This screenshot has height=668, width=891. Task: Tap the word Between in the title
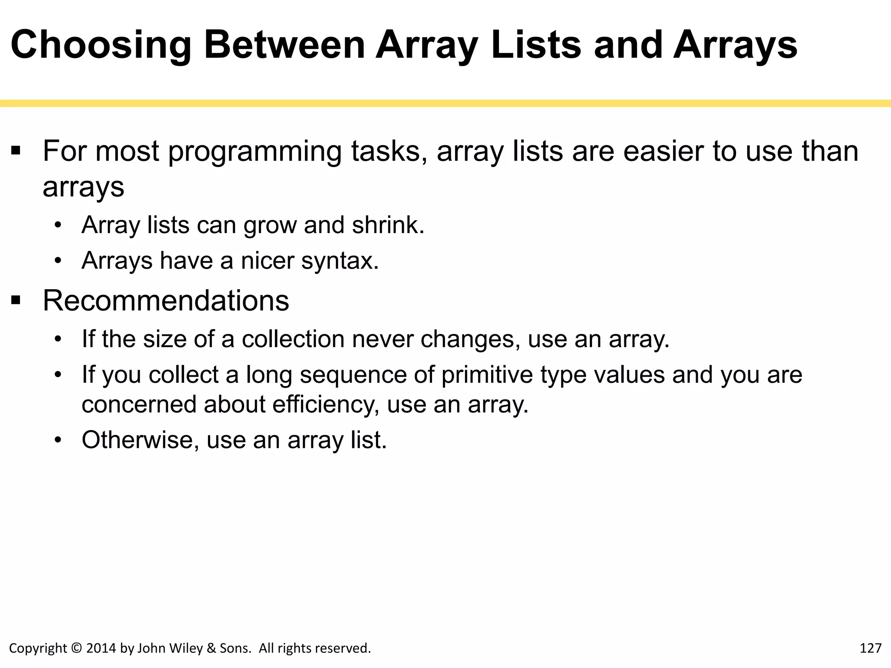[285, 45]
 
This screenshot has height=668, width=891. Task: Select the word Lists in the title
[536, 45]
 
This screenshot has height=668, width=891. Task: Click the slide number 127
[871, 648]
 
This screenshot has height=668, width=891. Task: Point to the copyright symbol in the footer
[76, 648]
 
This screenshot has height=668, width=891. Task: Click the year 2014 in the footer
[101, 648]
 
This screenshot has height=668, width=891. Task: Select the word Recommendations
[166, 301]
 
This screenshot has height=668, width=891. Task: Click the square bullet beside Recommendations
[16, 300]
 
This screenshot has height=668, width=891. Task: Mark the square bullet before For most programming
[16, 151]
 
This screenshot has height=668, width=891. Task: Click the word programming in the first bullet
[255, 152]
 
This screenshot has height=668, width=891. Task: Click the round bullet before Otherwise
[58, 440]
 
